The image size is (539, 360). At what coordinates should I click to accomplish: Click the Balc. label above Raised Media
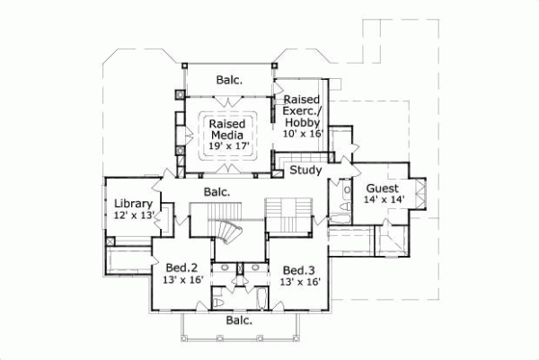[x=228, y=80]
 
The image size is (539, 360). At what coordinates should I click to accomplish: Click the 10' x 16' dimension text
[x=302, y=133]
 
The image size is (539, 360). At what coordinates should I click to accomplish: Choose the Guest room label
[x=382, y=189]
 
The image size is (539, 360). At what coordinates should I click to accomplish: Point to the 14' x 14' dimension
[x=385, y=200]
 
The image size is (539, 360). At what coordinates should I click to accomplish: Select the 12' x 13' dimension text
[x=132, y=215]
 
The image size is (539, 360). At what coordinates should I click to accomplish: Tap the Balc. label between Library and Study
[x=216, y=191]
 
